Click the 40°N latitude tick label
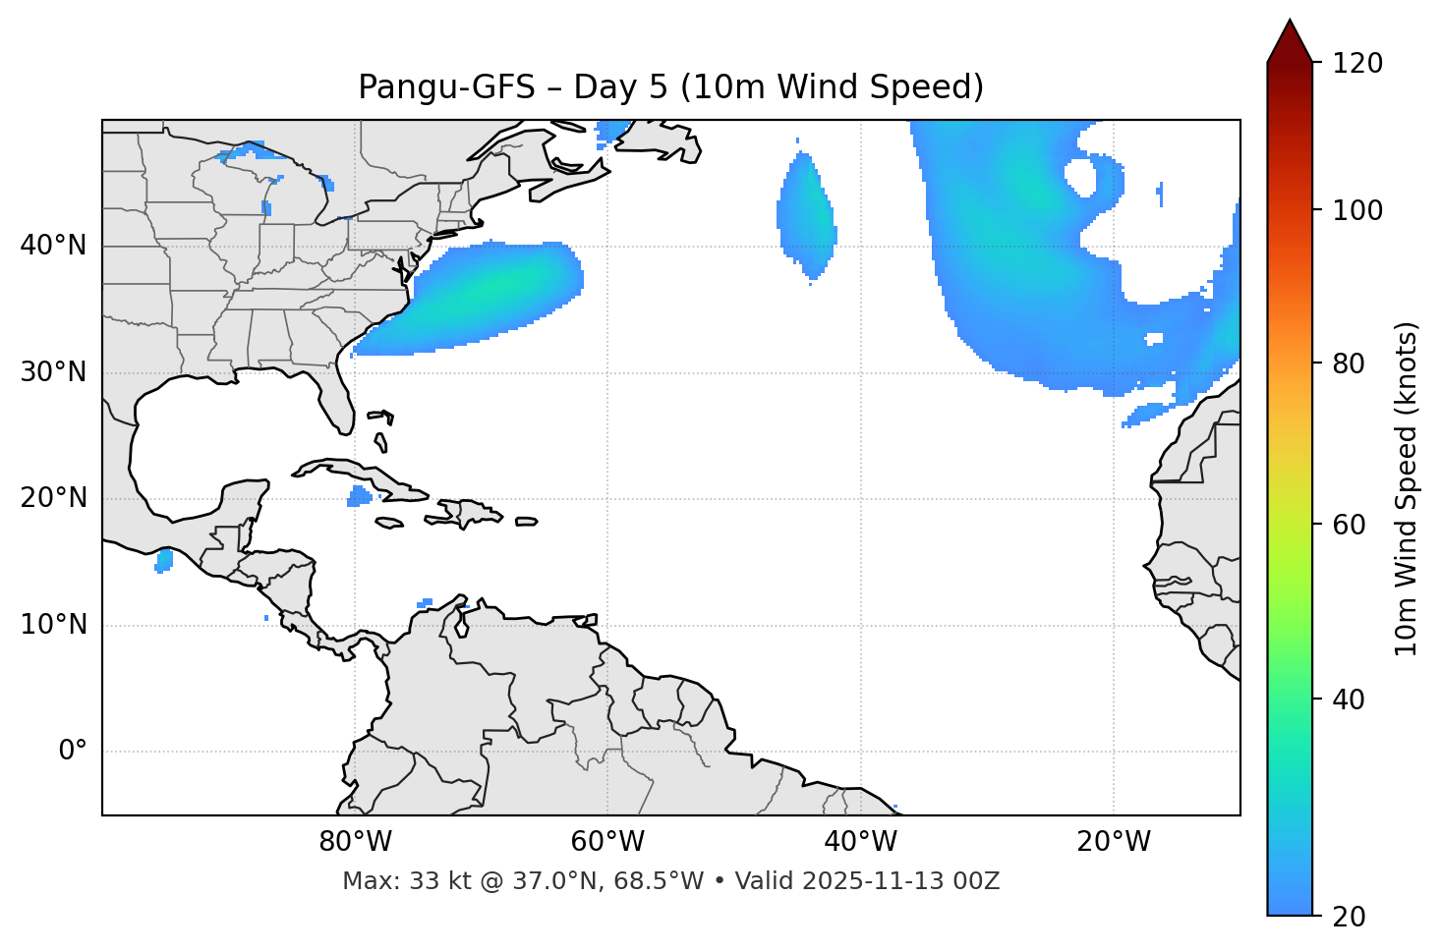tap(53, 246)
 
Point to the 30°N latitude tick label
tap(53, 372)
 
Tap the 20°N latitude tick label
tap(53, 498)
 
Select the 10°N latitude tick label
tap(53, 625)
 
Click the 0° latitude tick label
tap(73, 752)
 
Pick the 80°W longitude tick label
tap(355, 842)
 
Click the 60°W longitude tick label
tap(607, 842)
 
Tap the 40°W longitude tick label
tap(860, 842)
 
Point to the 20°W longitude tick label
tap(1114, 842)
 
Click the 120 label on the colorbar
tap(1356, 64)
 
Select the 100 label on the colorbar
tap(1356, 210)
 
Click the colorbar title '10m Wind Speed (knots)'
tap(1407, 488)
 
